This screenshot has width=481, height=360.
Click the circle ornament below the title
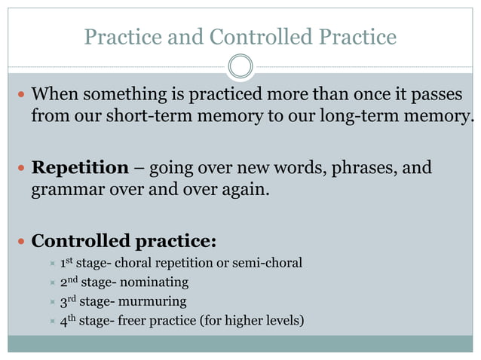(x=240, y=67)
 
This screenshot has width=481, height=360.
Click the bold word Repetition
(x=79, y=167)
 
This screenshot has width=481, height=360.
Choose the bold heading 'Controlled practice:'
(x=124, y=242)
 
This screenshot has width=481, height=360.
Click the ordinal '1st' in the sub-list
(x=67, y=263)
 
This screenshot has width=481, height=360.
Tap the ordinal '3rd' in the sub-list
(x=68, y=303)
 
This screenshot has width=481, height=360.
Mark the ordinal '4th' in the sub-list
(x=68, y=322)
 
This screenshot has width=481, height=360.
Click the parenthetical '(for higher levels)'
(x=253, y=322)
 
